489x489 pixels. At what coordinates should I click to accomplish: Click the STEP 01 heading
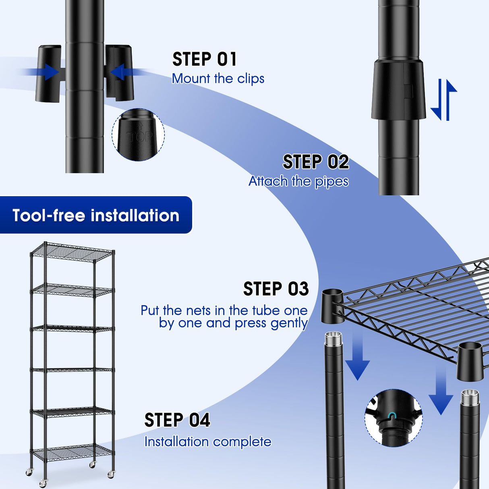(x=204, y=59)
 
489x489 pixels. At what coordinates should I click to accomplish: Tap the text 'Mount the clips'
(x=218, y=79)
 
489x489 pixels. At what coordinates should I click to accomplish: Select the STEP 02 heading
(x=315, y=162)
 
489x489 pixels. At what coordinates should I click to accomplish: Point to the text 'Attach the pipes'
(x=298, y=181)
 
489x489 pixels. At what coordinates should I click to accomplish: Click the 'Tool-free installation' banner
(x=96, y=215)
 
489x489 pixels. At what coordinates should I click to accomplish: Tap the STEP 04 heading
(x=177, y=420)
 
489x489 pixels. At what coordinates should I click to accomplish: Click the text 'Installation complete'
(x=207, y=442)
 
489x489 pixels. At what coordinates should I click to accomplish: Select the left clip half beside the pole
(x=49, y=73)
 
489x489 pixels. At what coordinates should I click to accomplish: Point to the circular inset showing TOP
(x=138, y=135)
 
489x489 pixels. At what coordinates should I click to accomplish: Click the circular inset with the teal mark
(x=393, y=418)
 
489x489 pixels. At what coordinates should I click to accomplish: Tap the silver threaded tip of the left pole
(x=333, y=338)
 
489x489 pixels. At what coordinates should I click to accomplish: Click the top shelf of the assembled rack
(x=73, y=252)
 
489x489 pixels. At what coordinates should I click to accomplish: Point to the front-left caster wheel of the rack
(x=43, y=483)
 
